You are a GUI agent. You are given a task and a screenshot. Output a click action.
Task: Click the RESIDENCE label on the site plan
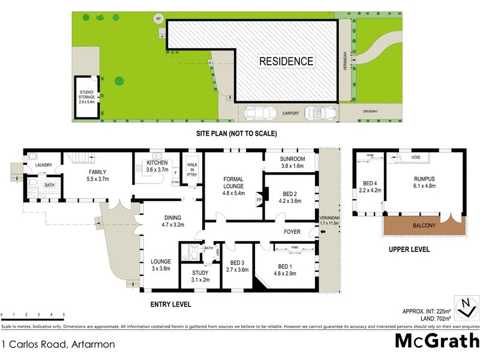click(286, 61)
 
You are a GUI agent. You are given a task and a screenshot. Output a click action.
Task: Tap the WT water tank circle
click(159, 18)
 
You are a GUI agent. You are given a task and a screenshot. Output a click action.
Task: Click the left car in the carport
click(259, 113)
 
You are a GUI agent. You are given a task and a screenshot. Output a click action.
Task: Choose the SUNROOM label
click(293, 163)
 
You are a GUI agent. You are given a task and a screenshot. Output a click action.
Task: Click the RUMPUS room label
click(424, 182)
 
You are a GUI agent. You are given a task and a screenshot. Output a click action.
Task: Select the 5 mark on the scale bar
click(64, 314)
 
